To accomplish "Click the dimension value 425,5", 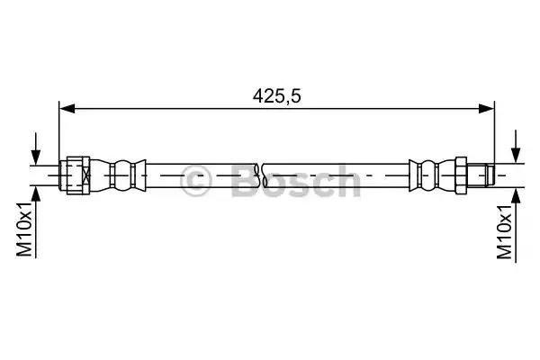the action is (276, 96).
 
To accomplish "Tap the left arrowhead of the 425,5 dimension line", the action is (67, 109).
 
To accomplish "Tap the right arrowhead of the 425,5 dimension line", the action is (486, 109).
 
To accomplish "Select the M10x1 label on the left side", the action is (25, 229).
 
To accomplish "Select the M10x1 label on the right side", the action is (505, 231).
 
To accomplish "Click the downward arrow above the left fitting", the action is (36, 148).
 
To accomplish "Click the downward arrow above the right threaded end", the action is (516, 147).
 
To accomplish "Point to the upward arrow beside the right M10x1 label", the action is (516, 225).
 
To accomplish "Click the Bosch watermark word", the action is (296, 181).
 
